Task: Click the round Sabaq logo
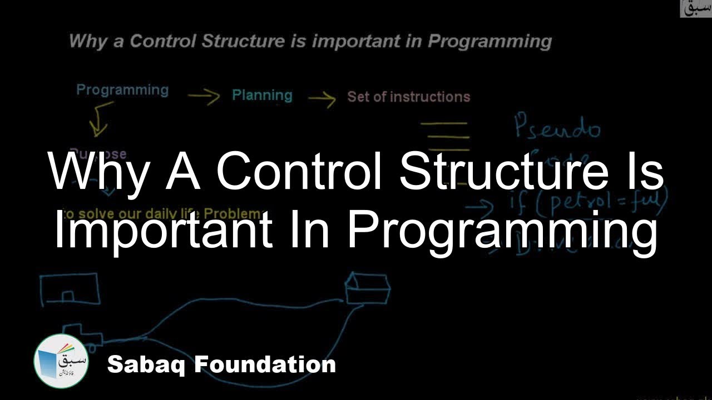point(61,361)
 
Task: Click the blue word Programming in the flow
point(122,91)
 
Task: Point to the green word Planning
point(262,95)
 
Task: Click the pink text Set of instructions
point(409,97)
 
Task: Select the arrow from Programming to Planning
point(204,97)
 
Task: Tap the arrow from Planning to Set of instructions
point(322,99)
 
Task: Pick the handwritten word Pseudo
point(557,127)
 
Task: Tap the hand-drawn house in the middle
point(367,288)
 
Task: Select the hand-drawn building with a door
point(70,289)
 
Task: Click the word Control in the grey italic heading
point(163,42)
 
